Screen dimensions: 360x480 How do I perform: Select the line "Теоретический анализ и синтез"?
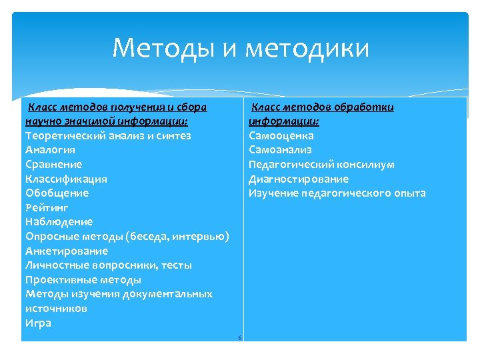coord(108,135)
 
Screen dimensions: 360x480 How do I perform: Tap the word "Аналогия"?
coord(50,150)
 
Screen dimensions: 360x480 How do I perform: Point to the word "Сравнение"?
coord(53,164)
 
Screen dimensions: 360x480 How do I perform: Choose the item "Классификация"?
coord(66,179)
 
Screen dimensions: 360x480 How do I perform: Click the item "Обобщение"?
coord(57,193)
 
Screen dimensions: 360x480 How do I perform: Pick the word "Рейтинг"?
coord(47,207)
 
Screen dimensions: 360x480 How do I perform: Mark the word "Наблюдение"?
coord(59,221)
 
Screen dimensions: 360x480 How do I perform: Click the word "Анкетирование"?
coord(66,251)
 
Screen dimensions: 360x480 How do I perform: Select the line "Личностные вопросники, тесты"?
coord(108,265)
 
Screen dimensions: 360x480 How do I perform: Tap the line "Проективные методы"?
coord(83,279)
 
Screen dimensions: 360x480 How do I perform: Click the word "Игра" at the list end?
coord(38,323)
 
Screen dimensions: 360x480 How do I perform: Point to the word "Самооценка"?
coord(281,135)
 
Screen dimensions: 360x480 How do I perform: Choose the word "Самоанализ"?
coord(280,150)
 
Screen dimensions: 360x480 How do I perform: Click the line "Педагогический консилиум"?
coord(321,164)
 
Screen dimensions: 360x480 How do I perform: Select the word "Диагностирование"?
coord(298,179)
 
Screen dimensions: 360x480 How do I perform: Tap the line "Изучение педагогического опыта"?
coord(337,193)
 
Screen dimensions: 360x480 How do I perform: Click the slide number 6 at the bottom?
coord(239,338)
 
